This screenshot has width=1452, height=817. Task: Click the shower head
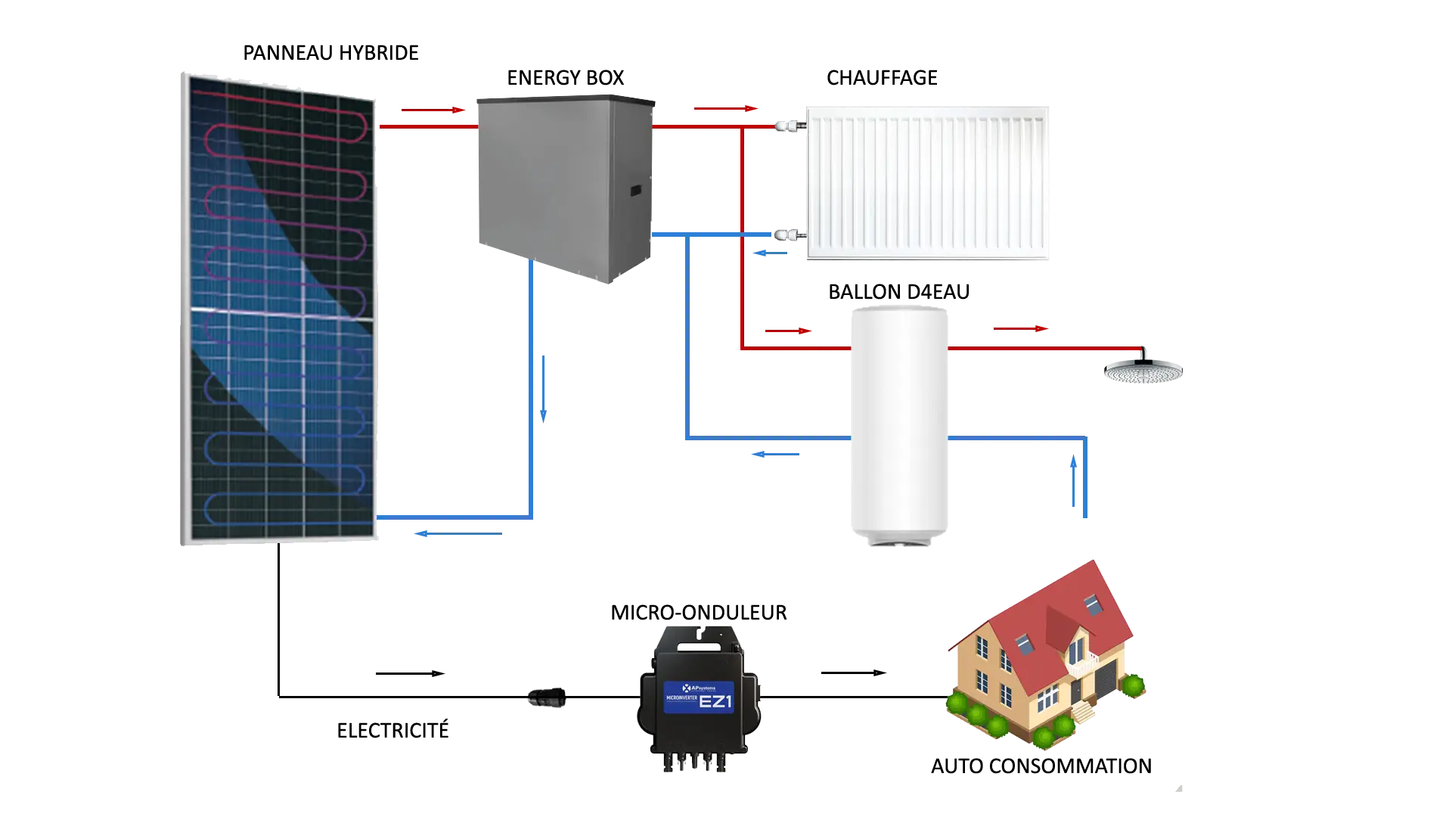tap(1143, 371)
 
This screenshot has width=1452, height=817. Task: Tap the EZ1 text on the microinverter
tap(715, 701)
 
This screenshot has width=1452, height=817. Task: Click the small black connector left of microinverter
tap(547, 697)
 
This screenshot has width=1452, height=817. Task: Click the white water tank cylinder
tap(898, 424)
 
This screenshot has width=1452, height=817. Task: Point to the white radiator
tap(928, 182)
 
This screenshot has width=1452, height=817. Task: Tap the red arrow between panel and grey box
tap(432, 110)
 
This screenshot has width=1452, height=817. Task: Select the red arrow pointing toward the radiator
tap(725, 109)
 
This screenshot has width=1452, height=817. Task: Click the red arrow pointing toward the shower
tap(1021, 329)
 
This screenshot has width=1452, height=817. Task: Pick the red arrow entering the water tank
tap(788, 331)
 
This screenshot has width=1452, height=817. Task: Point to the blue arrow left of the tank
tap(777, 454)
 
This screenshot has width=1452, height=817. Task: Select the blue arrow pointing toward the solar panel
tap(457, 535)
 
